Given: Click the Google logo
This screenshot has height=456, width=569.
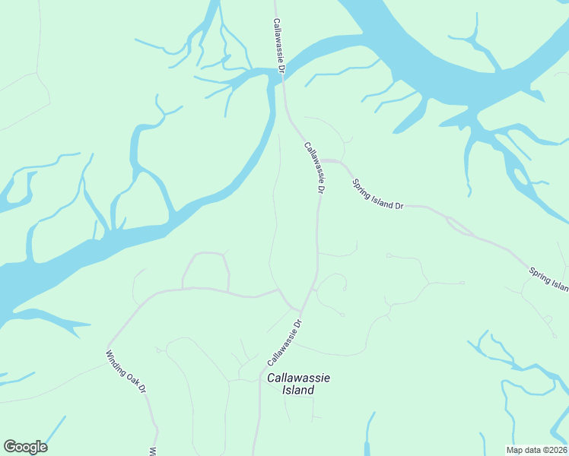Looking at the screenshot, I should (x=25, y=447).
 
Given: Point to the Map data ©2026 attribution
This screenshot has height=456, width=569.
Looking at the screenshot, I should (x=536, y=450).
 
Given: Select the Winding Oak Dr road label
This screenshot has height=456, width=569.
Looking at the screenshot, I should (x=126, y=372).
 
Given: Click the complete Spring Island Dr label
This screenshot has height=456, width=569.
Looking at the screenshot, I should (x=377, y=195).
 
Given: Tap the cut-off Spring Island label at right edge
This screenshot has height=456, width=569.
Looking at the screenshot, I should (x=549, y=279).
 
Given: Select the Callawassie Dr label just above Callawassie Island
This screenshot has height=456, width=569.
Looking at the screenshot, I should (x=285, y=342).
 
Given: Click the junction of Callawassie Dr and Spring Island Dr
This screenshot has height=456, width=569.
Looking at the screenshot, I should (x=319, y=161).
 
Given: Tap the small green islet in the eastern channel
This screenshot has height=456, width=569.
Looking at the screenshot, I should (x=523, y=177).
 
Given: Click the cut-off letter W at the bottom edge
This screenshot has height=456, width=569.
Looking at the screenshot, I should (x=153, y=451).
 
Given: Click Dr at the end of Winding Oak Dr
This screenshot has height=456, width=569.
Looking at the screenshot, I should (x=141, y=388).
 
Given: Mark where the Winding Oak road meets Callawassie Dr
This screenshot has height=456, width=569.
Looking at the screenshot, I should (x=299, y=310).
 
